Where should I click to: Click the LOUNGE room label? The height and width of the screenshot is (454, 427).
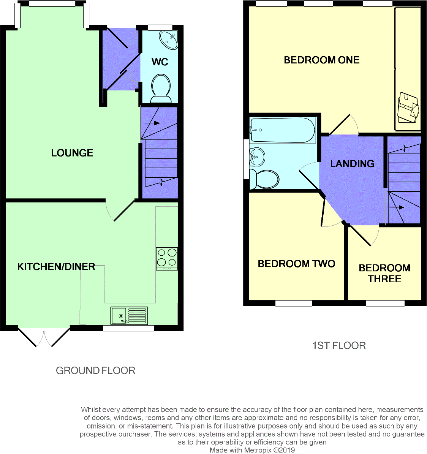[x=72, y=153]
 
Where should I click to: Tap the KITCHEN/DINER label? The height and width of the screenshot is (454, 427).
[x=56, y=267]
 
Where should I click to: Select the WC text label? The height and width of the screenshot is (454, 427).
[x=160, y=62]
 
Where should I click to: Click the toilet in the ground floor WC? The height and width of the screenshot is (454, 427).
[x=161, y=87]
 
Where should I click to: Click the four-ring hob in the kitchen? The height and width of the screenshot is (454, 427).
[x=167, y=258]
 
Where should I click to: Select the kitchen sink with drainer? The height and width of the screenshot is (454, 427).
[x=129, y=316]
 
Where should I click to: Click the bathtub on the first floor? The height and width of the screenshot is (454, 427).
[x=283, y=130]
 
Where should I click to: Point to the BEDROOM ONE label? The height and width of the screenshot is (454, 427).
[x=321, y=60]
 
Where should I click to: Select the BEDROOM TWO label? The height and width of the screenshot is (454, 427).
[x=296, y=264]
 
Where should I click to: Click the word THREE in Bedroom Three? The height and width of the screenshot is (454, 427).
[x=384, y=279]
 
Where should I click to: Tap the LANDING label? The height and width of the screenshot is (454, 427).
[x=352, y=164]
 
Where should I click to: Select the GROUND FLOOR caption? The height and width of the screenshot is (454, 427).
[x=95, y=370]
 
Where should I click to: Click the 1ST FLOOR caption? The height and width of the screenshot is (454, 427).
[x=339, y=345]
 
